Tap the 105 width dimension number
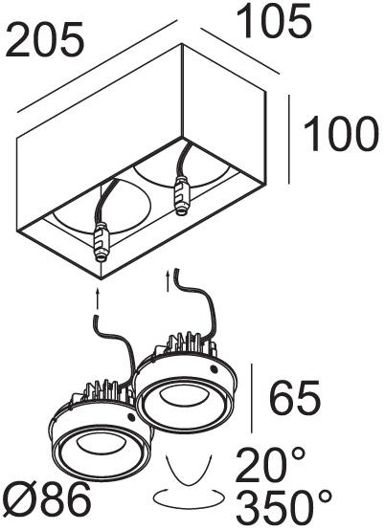[273, 22]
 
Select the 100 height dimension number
[341, 134]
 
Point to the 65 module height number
[295, 398]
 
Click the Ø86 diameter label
[46, 499]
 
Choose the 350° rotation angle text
[283, 508]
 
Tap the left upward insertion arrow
[98, 298]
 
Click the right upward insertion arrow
[169, 280]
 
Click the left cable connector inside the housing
[102, 241]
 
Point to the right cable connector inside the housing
[181, 196]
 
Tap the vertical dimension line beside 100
[289, 140]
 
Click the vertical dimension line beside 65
[251, 398]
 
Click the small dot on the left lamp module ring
[130, 417]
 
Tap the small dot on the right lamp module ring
[214, 368]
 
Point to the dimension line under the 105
[239, 51]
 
